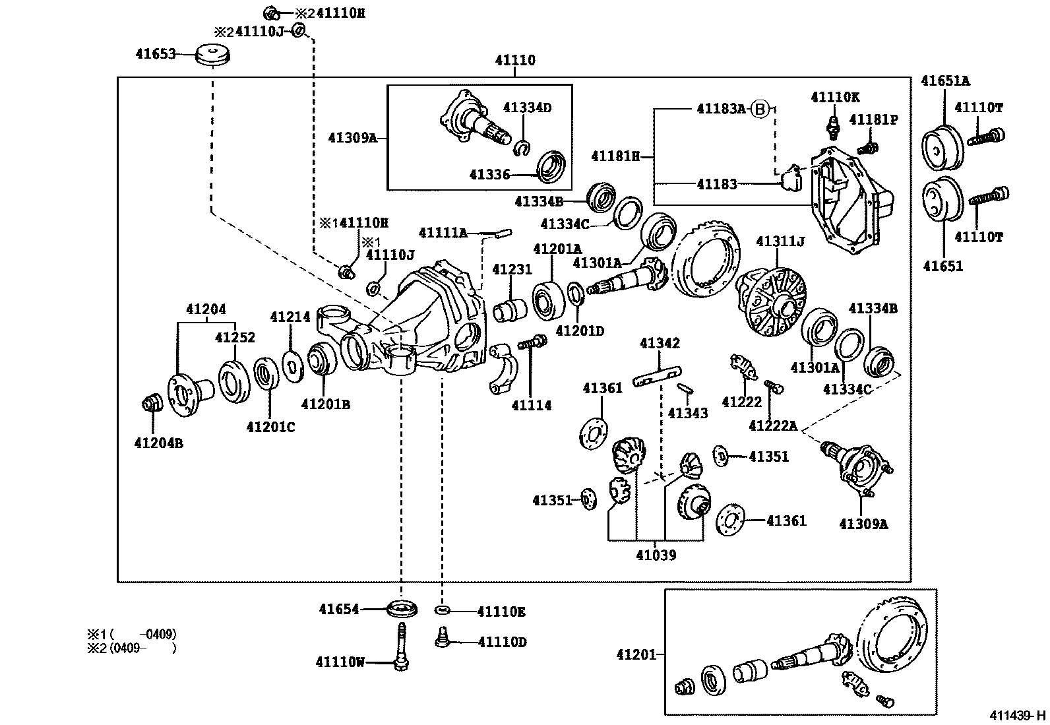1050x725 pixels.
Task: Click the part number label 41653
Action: coord(155,54)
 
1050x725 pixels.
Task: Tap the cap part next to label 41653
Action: coord(213,54)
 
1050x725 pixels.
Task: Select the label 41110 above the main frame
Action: coord(515,61)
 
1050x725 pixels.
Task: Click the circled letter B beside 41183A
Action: coord(760,109)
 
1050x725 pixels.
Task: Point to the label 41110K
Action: coord(835,98)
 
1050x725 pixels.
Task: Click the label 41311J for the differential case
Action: coord(780,242)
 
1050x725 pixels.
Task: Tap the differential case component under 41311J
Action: coord(772,301)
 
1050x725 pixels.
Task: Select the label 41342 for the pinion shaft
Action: coord(660,344)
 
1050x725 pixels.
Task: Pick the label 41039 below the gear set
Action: coord(656,555)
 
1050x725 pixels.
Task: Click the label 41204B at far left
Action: coord(158,443)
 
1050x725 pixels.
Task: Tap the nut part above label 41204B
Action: coord(152,402)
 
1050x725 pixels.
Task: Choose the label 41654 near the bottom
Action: coord(339,610)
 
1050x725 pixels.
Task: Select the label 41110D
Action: coord(502,642)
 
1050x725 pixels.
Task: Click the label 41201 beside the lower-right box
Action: coord(636,654)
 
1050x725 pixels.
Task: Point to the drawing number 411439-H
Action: coord(1016,715)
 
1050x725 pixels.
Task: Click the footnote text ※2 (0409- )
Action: coord(132,648)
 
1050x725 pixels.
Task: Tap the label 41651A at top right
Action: coord(945,81)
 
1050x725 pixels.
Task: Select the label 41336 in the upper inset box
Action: coord(489,175)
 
